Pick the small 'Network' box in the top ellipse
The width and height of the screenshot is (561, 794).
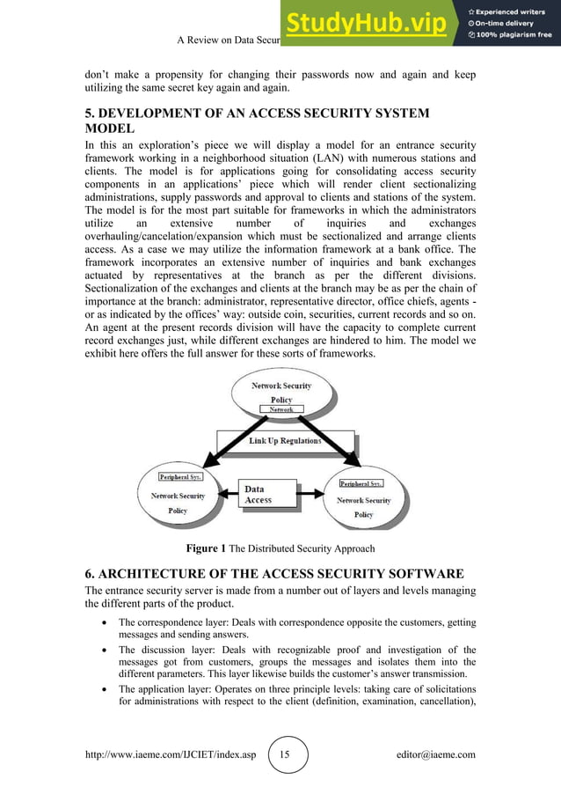click(281, 410)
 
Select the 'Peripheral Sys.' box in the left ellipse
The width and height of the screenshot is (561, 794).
click(181, 476)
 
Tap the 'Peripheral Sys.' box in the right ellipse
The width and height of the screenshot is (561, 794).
click(361, 483)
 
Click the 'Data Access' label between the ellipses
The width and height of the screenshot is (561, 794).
click(259, 495)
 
